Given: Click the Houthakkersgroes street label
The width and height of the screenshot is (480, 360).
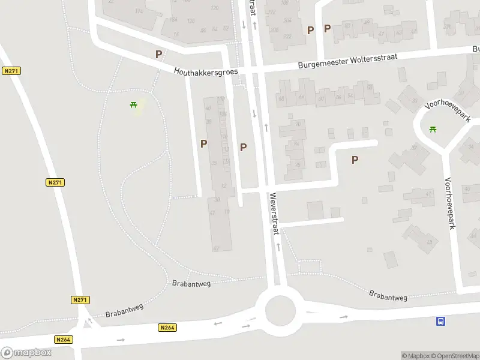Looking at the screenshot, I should pyautogui.click(x=206, y=71).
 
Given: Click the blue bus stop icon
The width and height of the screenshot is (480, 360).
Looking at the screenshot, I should pyautogui.click(x=440, y=322).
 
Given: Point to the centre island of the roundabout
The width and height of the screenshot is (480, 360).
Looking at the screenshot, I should pyautogui.click(x=278, y=311).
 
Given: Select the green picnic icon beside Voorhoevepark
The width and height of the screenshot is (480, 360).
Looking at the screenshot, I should pyautogui.click(x=433, y=129).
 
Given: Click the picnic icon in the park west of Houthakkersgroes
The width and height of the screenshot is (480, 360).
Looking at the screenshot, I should pyautogui.click(x=134, y=106).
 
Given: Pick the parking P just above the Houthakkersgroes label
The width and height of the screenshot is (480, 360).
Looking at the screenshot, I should pyautogui.click(x=158, y=54).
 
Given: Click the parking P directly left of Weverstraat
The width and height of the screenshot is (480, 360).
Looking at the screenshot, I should pyautogui.click(x=243, y=147).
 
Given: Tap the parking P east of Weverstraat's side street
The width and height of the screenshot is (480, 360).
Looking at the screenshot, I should pyautogui.click(x=355, y=160).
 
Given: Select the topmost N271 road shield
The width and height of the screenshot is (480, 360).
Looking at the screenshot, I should pyautogui.click(x=11, y=71).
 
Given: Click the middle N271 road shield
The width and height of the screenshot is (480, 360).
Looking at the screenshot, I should pyautogui.click(x=55, y=182).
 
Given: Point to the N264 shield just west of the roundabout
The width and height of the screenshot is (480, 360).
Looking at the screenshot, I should pyautogui.click(x=168, y=328).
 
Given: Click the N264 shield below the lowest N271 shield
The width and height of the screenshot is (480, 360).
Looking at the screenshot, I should pyautogui.click(x=64, y=340).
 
